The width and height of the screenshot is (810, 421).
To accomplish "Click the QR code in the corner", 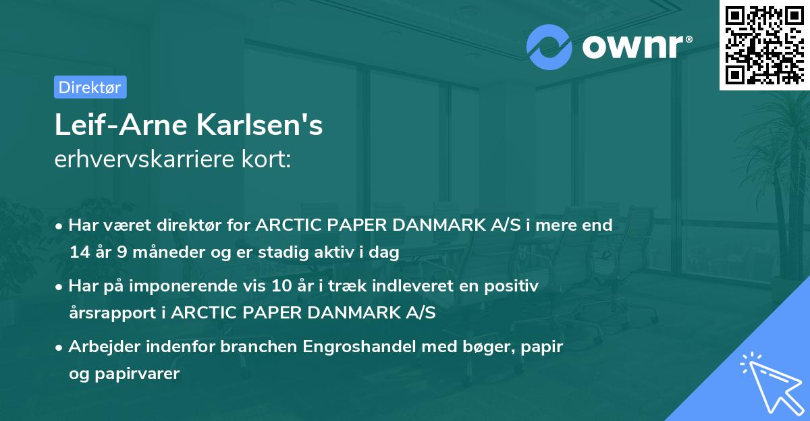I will (x=765, y=45).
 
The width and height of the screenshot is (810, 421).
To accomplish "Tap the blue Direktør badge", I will (x=90, y=87).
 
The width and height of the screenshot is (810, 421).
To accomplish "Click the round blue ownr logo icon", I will (x=549, y=47).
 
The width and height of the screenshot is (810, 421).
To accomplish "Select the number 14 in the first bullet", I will (x=78, y=252).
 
